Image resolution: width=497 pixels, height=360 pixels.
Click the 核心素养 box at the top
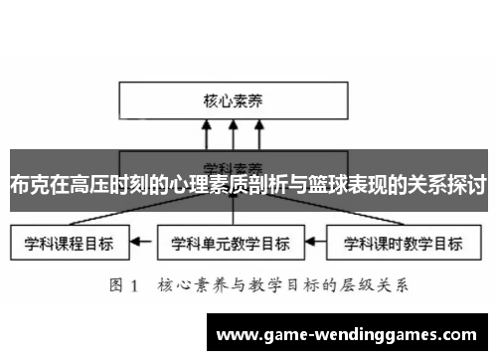232,99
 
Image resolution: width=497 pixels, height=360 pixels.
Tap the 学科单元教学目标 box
231,242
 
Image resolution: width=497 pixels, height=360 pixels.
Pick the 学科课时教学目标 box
401,242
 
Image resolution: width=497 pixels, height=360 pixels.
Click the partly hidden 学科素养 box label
232,163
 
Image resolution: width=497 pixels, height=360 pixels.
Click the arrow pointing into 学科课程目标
143,242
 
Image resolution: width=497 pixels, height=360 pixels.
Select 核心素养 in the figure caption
181,285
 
